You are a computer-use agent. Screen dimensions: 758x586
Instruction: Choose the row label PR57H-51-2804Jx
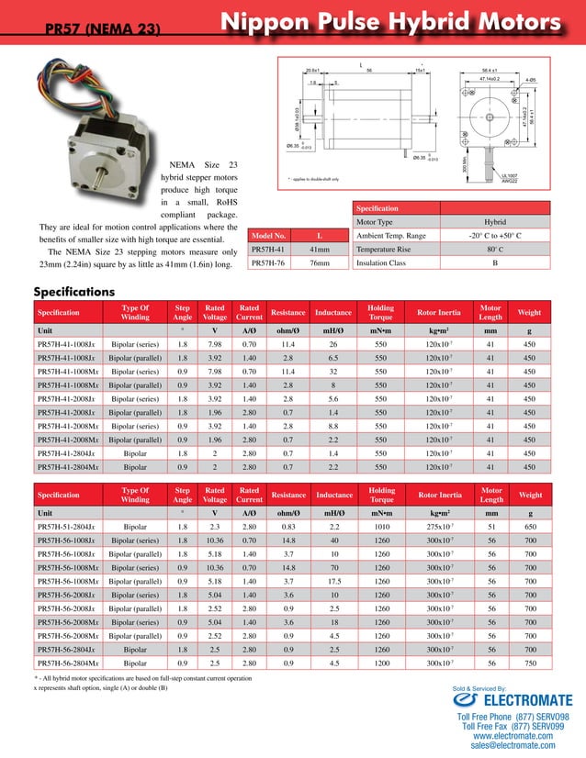click(64, 528)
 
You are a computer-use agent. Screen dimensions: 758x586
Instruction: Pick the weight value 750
click(529, 663)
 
